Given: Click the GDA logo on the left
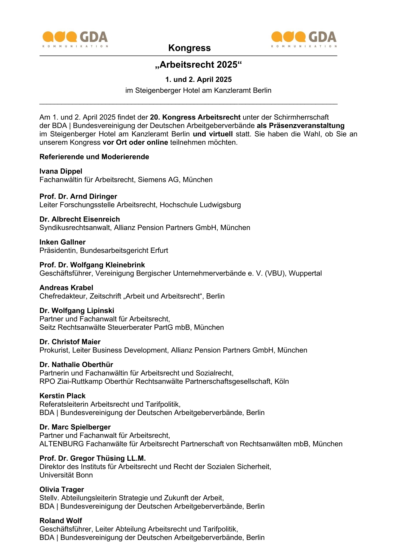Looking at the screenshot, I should point(75,39).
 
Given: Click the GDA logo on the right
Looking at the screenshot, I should point(304,39).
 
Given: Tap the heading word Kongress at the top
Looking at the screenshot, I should point(189,48).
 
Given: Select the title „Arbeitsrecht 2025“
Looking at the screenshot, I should point(198,65).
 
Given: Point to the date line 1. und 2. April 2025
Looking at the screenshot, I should point(198,79).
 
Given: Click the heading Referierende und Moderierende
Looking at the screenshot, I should point(94,157).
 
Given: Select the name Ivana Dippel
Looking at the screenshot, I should point(61,171).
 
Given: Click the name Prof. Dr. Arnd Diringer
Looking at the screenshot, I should point(78,196).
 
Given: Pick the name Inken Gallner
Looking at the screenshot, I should point(62,242).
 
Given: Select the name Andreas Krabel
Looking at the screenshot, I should point(66,288).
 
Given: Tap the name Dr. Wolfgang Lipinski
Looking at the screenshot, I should point(77,311).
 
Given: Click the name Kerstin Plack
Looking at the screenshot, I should point(62,396).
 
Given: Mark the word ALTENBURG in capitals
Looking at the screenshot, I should point(62,444).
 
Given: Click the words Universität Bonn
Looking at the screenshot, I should point(66,475).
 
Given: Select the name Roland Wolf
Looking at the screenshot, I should point(61,521).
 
